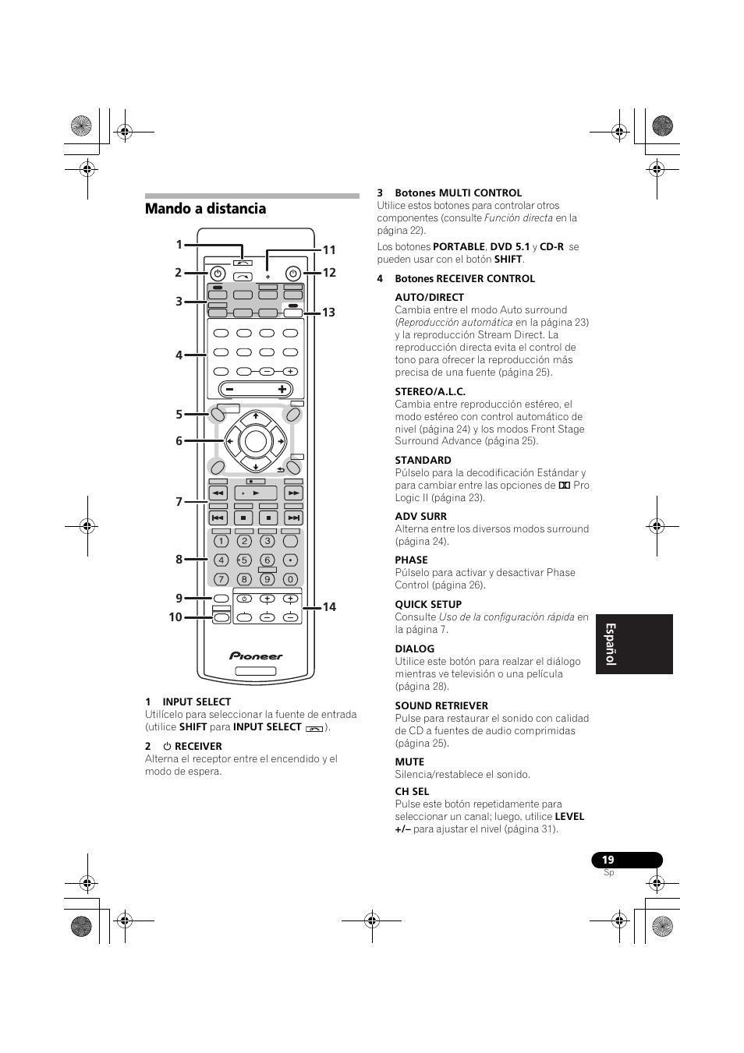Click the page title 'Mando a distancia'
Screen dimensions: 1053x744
(205, 209)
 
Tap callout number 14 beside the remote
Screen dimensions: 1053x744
(329, 607)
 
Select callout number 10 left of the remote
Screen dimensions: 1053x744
(175, 617)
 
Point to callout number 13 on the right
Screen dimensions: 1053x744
(328, 313)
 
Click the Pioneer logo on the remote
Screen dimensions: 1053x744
(256, 656)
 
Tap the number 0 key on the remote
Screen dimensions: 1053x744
(290, 579)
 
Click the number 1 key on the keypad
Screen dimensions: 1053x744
(221, 541)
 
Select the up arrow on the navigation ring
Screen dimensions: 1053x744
(255, 416)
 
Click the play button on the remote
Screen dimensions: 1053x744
(256, 493)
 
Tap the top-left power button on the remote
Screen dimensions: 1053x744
(218, 274)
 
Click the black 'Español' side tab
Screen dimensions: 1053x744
(633, 644)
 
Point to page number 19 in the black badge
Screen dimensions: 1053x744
(608, 860)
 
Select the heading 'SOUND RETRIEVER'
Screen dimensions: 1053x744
(441, 706)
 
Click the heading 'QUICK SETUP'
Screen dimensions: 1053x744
(428, 605)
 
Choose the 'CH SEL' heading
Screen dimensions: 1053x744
(412, 792)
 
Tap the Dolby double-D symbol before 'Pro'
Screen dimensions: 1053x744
(565, 486)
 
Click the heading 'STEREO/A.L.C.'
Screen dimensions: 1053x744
(430, 392)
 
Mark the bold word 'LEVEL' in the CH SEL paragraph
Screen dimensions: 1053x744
(569, 817)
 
